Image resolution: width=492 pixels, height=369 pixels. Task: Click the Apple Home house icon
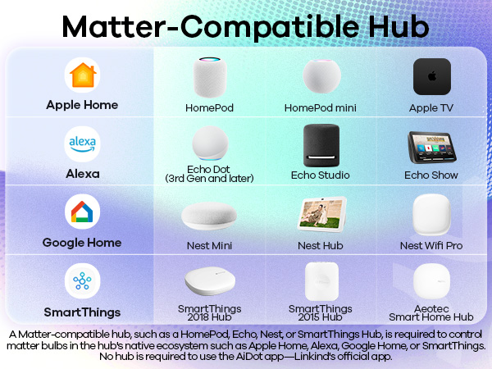82,76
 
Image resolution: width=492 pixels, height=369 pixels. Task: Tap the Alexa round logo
82,144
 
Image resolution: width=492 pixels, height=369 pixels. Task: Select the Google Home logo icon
82,213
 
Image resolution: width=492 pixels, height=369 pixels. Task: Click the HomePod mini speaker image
321,76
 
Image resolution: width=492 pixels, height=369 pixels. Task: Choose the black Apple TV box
431,77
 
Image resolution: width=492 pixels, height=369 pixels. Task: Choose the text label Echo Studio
321,175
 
